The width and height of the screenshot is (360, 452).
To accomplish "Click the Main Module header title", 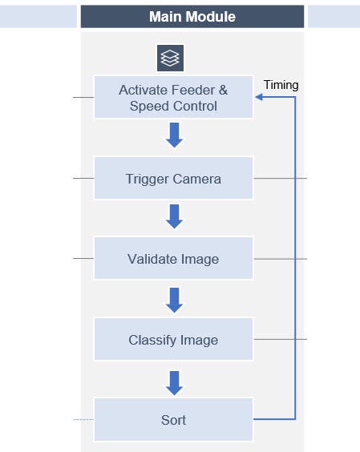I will (x=192, y=16).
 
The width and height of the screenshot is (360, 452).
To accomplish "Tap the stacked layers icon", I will (x=170, y=58).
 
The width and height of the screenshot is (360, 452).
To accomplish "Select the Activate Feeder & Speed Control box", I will (x=173, y=98).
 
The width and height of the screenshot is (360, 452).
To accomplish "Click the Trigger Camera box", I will (x=173, y=178).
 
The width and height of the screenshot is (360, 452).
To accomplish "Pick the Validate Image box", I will (x=173, y=259).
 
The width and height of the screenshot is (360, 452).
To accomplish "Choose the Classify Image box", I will (x=173, y=340).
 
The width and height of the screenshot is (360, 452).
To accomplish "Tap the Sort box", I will (x=173, y=419).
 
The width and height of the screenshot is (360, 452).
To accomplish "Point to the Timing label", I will (x=281, y=85).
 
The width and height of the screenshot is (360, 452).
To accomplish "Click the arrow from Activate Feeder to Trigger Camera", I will (x=174, y=135).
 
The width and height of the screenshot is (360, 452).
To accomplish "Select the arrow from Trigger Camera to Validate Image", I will (x=174, y=216).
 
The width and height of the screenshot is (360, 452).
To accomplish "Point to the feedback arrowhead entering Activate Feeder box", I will (x=260, y=98).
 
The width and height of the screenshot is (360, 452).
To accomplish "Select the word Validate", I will (x=153, y=259).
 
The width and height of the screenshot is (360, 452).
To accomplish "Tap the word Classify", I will (x=152, y=340).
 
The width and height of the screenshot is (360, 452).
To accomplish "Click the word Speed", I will (x=148, y=106).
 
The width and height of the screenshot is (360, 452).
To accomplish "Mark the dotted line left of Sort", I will (x=83, y=419).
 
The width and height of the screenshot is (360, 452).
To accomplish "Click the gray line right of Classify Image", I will (x=280, y=339).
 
